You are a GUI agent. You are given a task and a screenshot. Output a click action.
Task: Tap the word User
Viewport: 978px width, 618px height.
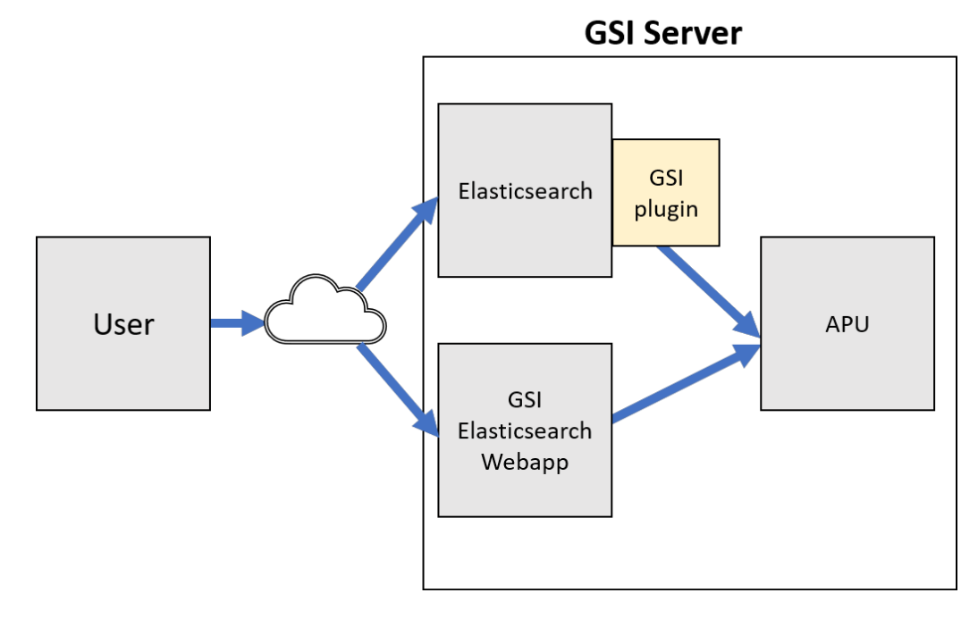pos(123,324)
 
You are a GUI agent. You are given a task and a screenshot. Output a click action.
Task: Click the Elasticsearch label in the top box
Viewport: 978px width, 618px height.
pos(525,190)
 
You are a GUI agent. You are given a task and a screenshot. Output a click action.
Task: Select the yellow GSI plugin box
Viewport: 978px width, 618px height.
pos(666,192)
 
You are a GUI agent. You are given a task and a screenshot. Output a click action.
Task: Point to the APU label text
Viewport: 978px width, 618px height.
pos(847,324)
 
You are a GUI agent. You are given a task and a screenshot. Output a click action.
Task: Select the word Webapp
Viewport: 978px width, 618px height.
pos(525,463)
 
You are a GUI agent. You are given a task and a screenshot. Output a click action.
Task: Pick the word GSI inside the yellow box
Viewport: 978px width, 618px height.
pos(666,179)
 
